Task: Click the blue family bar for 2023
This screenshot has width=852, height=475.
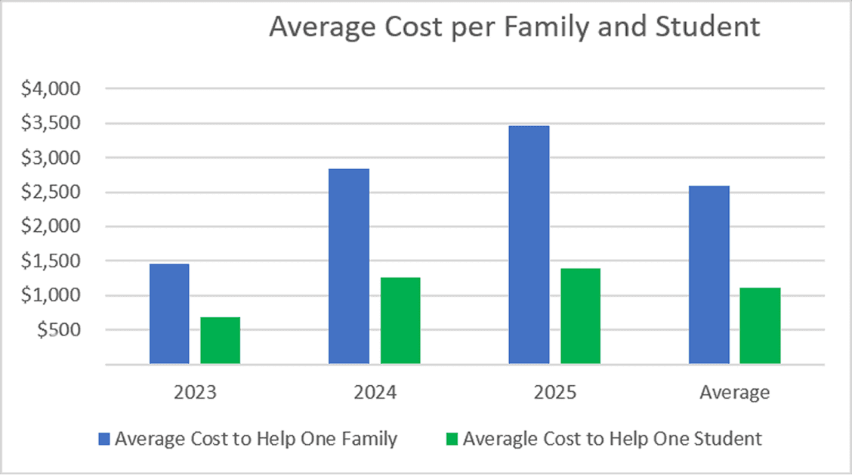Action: click(x=169, y=313)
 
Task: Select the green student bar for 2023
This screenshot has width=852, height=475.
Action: click(x=220, y=341)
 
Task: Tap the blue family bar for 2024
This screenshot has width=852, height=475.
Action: click(x=349, y=267)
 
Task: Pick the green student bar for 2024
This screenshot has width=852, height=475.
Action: click(x=400, y=321)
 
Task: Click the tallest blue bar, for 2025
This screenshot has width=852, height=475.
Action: click(x=529, y=245)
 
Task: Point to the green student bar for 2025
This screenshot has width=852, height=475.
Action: click(x=580, y=316)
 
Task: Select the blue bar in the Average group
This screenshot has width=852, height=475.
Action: click(x=709, y=275)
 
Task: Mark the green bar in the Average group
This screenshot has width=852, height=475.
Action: click(x=760, y=325)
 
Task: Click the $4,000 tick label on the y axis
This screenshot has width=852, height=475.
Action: click(x=51, y=88)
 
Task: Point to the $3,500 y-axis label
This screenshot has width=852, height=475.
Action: click(x=51, y=123)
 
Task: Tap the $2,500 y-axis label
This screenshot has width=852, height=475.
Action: click(x=51, y=192)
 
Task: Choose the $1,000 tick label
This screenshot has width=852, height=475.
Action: click(x=51, y=295)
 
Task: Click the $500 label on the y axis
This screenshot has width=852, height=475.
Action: click(x=58, y=330)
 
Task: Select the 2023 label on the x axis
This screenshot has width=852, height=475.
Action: click(x=195, y=392)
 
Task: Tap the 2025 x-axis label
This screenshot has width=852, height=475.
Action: click(x=554, y=392)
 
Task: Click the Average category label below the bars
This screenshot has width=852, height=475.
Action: click(x=735, y=393)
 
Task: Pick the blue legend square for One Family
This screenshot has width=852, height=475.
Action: click(x=103, y=440)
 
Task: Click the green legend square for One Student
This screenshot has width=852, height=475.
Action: click(x=452, y=440)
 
